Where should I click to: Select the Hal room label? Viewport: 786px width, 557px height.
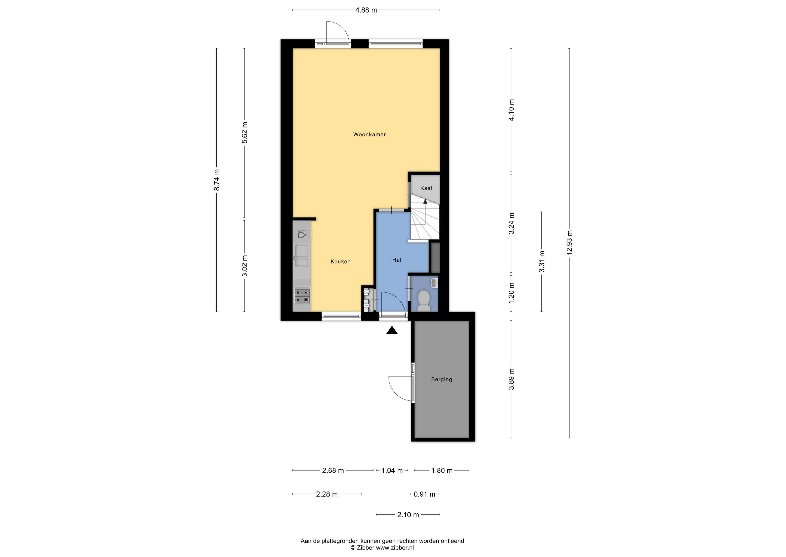pos(397,260)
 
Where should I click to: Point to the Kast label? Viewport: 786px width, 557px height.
pos(426,188)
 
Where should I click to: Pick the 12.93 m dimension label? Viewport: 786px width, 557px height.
pos(570,242)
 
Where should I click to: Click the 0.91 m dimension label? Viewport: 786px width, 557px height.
pos(425,494)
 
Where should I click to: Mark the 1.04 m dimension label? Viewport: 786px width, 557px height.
pos(392,471)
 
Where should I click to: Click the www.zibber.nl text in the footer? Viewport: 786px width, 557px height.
pos(395,548)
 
